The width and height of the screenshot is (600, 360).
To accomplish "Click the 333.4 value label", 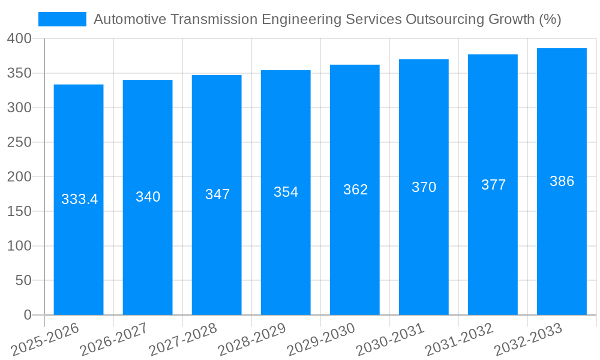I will tap(79, 199).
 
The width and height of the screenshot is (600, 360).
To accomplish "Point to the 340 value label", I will tap(148, 197).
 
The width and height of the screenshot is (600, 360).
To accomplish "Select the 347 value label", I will tap(217, 194).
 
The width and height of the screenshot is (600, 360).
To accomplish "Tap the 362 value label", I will tap(355, 190).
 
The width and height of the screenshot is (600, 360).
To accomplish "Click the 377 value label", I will tap(493, 185).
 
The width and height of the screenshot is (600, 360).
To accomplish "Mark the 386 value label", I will tap(562, 181).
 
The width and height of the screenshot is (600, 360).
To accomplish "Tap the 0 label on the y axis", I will tap(27, 315).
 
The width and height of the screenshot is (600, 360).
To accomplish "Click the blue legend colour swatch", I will tap(62, 19).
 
